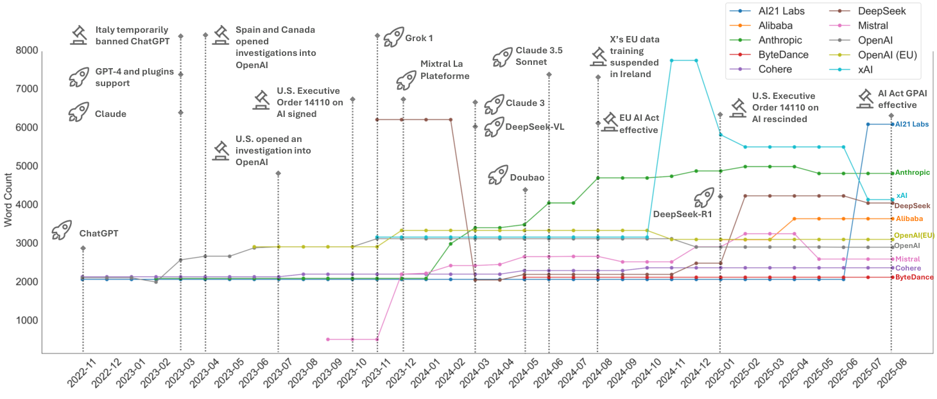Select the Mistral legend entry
click(x=873, y=26)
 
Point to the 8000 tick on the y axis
click(x=25, y=50)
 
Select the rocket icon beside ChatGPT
click(x=62, y=229)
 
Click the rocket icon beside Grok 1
click(x=393, y=37)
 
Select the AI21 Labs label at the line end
click(x=912, y=124)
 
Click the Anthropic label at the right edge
click(x=912, y=172)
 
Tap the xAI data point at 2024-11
click(x=671, y=60)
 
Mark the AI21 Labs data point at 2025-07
click(x=868, y=124)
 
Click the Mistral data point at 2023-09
click(x=328, y=339)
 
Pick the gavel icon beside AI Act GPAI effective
click(x=866, y=98)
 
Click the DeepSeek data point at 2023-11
click(x=377, y=120)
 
